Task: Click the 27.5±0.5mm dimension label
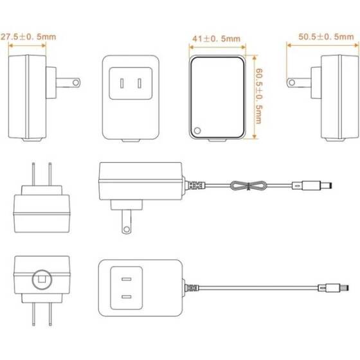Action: point(28,37)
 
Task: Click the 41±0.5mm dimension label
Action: point(216,39)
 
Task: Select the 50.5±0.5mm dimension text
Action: point(326,37)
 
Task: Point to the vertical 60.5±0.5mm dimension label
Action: point(259,96)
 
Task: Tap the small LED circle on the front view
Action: point(197,130)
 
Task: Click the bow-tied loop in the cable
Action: point(248,186)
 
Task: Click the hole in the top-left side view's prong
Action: point(76,82)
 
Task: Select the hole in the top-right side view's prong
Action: point(292,82)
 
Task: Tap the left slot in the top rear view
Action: point(122,84)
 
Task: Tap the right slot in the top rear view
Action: point(139,84)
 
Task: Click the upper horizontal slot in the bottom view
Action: point(127,279)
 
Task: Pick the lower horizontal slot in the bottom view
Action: point(127,297)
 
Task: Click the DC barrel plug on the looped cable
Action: point(312,185)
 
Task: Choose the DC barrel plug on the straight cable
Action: point(334,288)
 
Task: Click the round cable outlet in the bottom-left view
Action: point(42,280)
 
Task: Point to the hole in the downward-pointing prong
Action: point(126,229)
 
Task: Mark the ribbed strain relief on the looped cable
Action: point(195,185)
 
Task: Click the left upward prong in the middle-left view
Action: point(33,174)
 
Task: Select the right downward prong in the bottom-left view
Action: point(50,314)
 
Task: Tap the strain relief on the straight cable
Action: point(192,288)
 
